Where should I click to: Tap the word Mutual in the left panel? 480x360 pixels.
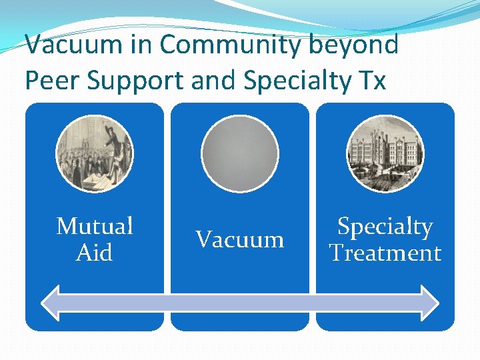(x=95, y=226)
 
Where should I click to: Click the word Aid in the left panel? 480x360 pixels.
(x=95, y=253)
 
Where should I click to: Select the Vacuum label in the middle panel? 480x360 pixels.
(x=239, y=239)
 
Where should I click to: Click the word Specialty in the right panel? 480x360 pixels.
(x=385, y=227)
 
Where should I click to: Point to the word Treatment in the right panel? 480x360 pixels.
(x=385, y=253)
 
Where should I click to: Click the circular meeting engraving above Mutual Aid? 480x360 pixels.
(x=95, y=154)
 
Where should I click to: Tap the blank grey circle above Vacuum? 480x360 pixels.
(x=239, y=154)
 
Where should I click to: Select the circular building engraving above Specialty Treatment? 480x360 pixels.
(x=385, y=154)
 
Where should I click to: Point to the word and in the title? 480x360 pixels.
(x=209, y=80)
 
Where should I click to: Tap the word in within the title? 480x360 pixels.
(x=143, y=45)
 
